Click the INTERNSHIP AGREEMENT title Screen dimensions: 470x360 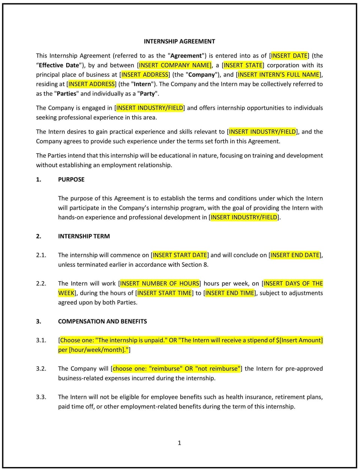point(179,41)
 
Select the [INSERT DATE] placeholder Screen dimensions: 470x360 point(289,55)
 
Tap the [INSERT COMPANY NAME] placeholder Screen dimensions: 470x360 point(175,65)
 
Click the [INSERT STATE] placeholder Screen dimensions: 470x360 point(243,65)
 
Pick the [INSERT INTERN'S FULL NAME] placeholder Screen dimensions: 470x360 point(279,75)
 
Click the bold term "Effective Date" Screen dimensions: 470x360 point(59,65)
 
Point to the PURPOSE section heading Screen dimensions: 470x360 point(71,180)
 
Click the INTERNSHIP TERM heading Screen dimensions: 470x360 point(84,236)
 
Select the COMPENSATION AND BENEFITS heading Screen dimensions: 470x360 point(102,321)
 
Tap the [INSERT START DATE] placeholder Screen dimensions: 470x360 point(180,255)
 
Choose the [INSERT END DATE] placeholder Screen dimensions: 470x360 point(295,255)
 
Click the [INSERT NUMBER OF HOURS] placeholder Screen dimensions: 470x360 point(159,284)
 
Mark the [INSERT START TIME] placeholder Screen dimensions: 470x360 point(164,293)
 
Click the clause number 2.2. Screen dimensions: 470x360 point(41,284)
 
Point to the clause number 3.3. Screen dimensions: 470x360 point(41,397)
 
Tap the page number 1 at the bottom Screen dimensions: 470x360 point(179,443)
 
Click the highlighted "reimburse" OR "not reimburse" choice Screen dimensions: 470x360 point(176,369)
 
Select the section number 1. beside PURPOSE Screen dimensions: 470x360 point(39,180)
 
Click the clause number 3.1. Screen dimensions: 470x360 point(41,340)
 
